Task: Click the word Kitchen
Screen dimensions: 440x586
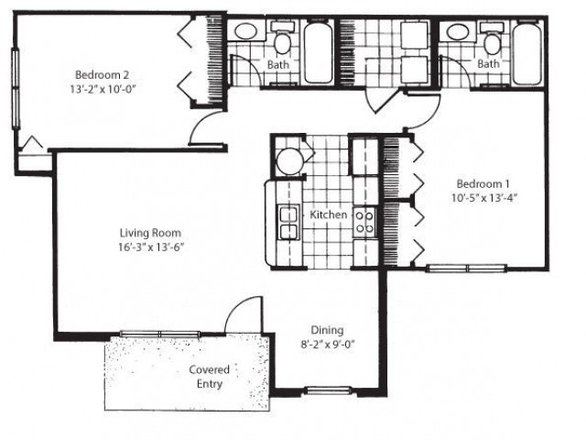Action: (328, 214)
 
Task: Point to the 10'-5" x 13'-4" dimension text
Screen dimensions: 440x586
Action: (483, 197)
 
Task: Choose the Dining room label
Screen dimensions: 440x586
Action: (326, 330)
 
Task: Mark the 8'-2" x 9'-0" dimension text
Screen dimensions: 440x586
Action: (326, 345)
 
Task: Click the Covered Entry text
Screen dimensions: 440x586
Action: (209, 377)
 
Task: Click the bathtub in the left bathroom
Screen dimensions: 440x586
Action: (318, 53)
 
